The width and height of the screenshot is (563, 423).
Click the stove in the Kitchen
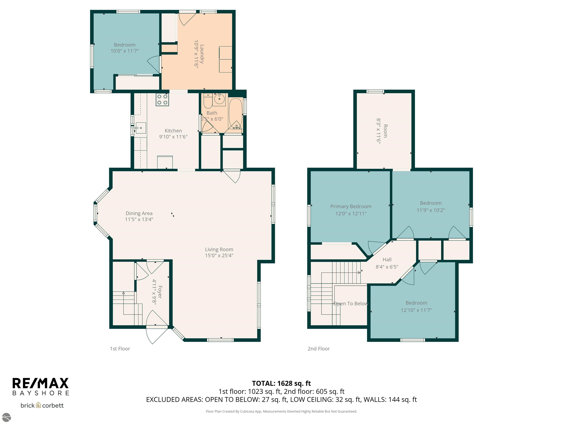(x=162, y=100)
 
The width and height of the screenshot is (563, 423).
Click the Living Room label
(x=219, y=249)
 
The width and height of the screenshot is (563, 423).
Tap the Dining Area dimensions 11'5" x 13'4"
(x=139, y=219)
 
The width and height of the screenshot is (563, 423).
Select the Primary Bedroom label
(x=351, y=207)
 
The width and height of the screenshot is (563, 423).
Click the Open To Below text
(x=351, y=303)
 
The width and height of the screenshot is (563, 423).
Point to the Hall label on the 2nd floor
(x=387, y=260)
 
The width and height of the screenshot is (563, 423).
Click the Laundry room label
(x=202, y=54)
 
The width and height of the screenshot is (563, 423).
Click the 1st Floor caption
(x=120, y=348)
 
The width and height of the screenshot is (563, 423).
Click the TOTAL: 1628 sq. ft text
(x=281, y=383)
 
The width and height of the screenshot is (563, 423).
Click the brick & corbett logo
(x=42, y=405)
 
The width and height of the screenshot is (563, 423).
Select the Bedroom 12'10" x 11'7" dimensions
(x=416, y=310)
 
